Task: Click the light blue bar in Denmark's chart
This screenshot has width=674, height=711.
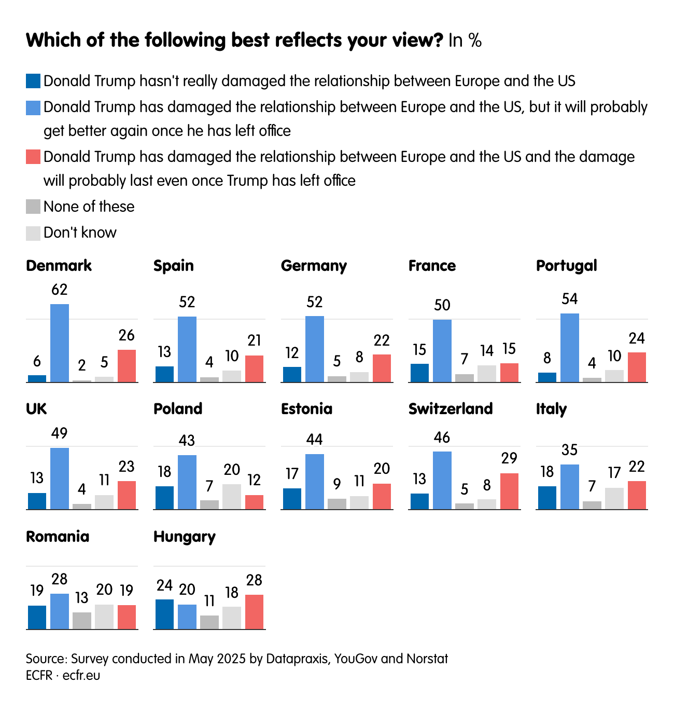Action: pos(60,343)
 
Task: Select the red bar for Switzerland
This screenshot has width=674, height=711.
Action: pos(509,491)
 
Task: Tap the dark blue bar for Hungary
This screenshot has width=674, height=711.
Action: pos(164,614)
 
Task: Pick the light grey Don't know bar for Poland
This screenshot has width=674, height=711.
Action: pos(232,497)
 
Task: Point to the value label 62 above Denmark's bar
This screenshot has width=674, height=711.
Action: pos(60,290)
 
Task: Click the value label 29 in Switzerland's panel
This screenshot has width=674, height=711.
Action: pos(509,458)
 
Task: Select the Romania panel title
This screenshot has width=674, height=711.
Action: pos(58,536)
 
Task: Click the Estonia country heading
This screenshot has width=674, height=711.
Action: pos(306,408)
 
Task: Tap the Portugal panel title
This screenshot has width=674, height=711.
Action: pos(566,266)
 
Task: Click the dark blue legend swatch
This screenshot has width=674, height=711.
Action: pos(33,81)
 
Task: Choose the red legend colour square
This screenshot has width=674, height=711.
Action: pos(33,157)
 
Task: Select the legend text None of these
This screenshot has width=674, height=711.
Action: pos(89,207)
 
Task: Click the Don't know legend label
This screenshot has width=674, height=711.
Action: pos(80,233)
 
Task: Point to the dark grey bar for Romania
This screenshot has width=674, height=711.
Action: pos(82,621)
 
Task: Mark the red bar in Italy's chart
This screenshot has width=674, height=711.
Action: pos(637,495)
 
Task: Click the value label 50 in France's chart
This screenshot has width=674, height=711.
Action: pos(442,305)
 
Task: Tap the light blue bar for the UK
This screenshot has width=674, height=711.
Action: pos(60,478)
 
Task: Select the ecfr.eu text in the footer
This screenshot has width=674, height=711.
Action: pos(81,675)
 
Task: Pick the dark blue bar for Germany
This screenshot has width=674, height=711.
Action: pos(292,374)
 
